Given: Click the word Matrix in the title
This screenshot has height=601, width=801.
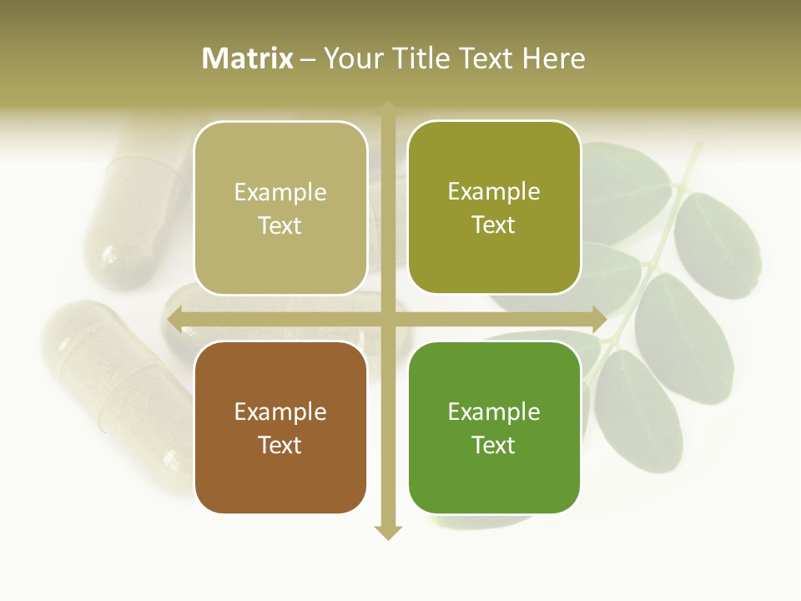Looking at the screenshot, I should click(x=247, y=58).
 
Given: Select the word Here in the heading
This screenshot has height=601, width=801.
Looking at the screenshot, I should click(x=554, y=58).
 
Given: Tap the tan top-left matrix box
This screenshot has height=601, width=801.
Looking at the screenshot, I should click(x=280, y=208).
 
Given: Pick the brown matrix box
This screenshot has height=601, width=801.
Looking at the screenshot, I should click(x=280, y=427).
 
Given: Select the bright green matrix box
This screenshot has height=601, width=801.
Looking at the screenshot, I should click(x=494, y=427).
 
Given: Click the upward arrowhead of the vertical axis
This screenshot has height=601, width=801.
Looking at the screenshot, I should click(x=388, y=109).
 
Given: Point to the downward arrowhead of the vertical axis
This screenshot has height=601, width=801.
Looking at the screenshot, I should click(x=388, y=532).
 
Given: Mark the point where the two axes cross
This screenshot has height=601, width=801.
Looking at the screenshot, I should click(x=388, y=319).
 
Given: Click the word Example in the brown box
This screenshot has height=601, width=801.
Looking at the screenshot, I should click(x=280, y=412).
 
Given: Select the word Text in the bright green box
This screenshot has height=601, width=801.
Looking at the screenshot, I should click(x=494, y=445).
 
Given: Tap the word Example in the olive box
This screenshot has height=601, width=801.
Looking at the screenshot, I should click(x=494, y=191).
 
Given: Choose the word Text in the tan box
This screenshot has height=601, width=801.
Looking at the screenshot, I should click(x=280, y=225).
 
